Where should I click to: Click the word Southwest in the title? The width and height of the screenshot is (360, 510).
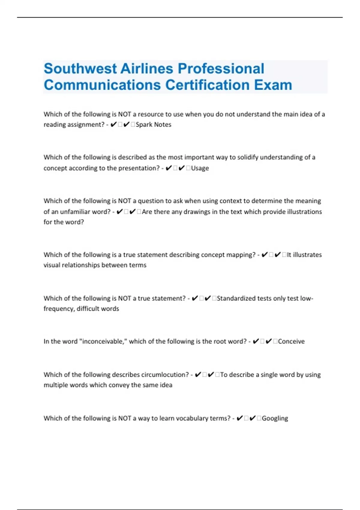point(80,69)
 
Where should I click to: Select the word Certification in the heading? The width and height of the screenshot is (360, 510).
point(208,85)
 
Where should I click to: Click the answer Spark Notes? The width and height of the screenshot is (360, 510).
point(153,124)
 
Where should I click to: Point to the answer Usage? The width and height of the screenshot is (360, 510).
point(200,168)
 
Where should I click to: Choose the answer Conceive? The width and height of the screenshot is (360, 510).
point(291,341)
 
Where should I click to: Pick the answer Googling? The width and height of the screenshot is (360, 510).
point(275,418)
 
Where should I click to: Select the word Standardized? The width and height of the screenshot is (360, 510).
point(236,298)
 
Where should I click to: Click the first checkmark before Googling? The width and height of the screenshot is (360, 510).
point(239,418)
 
